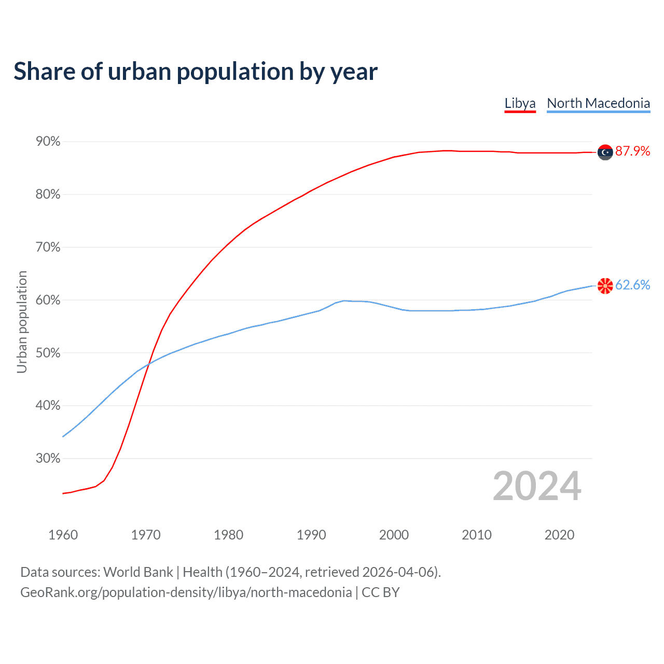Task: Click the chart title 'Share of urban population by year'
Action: [x=195, y=72]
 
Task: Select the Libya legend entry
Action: [x=520, y=103]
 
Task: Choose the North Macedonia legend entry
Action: [x=598, y=103]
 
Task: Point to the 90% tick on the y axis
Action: [x=48, y=142]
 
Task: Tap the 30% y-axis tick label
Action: [x=48, y=459]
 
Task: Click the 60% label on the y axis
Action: [x=48, y=300]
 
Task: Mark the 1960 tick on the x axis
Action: [x=63, y=535]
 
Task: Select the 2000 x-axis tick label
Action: [x=394, y=535]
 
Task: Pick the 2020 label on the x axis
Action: [x=559, y=535]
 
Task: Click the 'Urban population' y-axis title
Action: [x=22, y=322]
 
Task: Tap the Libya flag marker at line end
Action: [x=605, y=152]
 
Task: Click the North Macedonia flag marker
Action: [x=605, y=285]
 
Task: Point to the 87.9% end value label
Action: [x=632, y=151]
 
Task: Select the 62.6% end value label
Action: [x=632, y=285]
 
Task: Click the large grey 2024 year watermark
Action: [x=537, y=486]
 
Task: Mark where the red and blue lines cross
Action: [x=149, y=364]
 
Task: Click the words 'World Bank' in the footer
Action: [x=138, y=572]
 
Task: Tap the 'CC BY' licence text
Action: [x=380, y=592]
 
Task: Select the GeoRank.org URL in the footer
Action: [x=186, y=592]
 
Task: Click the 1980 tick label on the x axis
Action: [x=228, y=535]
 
